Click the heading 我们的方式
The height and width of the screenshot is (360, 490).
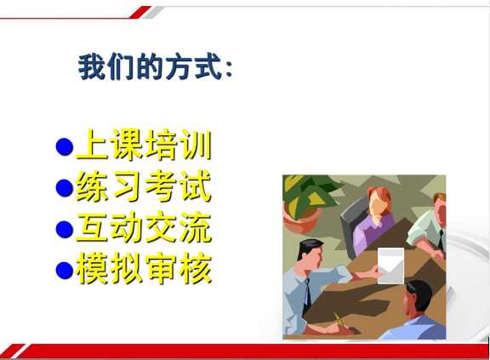[x=156, y=67]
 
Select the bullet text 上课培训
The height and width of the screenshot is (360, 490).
[x=144, y=145]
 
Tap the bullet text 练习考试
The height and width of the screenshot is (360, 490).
[x=144, y=186]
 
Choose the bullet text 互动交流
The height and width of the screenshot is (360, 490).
[x=144, y=227]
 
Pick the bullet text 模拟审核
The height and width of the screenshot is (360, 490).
[x=144, y=269]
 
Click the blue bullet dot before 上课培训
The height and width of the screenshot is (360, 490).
[x=65, y=146]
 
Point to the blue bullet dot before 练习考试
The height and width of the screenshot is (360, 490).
[x=65, y=188]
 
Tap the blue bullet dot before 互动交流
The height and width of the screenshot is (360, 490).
[x=65, y=229]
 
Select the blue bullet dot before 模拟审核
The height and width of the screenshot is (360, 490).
[x=65, y=271]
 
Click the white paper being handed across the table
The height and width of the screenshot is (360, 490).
[x=390, y=266]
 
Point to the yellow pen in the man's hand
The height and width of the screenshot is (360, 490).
[x=339, y=320]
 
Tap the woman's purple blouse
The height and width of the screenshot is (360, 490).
[x=373, y=233]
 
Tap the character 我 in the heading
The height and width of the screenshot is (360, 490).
[x=91, y=67]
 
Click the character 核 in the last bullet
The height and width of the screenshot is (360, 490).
[x=196, y=269]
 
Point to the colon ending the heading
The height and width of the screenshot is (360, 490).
[x=229, y=69]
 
